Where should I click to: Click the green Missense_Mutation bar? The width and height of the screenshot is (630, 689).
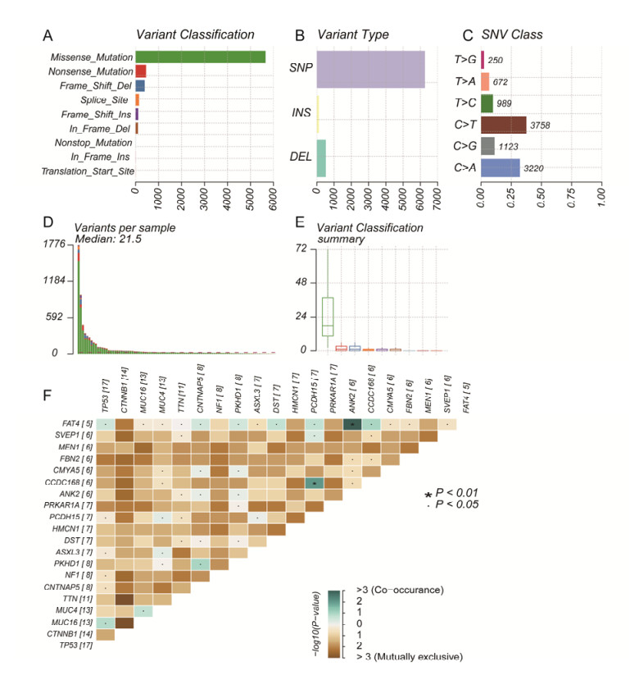point(201,57)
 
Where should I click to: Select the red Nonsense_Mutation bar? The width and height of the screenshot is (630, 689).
point(141,71)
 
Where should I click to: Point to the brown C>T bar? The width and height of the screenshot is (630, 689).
point(503,125)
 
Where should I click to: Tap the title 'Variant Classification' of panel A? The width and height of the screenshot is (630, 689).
point(194,34)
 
